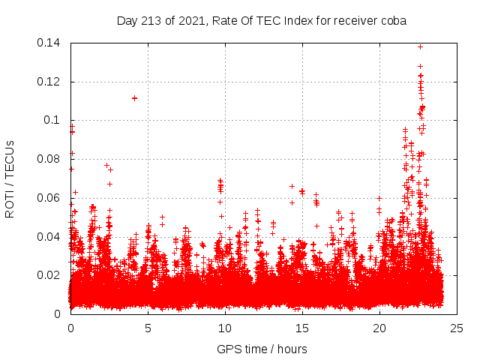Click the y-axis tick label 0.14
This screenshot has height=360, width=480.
click(x=49, y=43)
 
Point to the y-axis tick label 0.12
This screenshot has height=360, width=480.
click(x=49, y=81)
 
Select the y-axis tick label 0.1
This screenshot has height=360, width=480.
click(x=52, y=120)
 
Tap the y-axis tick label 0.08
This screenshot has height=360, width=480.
click(x=49, y=159)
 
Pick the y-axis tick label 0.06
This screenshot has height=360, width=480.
click(x=49, y=198)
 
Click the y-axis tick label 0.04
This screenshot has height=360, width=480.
click(x=49, y=236)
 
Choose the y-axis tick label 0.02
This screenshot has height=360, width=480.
click(x=49, y=275)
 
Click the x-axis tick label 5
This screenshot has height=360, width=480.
click(x=148, y=328)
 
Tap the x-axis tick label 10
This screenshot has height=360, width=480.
click(x=225, y=328)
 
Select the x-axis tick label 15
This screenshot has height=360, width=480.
click(x=302, y=328)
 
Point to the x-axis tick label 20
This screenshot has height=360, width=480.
click(x=379, y=328)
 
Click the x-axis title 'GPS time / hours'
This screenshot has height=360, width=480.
click(x=262, y=349)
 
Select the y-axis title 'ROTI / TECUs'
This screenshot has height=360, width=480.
click(x=10, y=178)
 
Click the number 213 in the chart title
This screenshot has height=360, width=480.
click(x=154, y=20)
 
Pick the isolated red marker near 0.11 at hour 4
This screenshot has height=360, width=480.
click(x=134, y=97)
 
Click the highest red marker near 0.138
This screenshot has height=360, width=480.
click(x=420, y=46)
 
